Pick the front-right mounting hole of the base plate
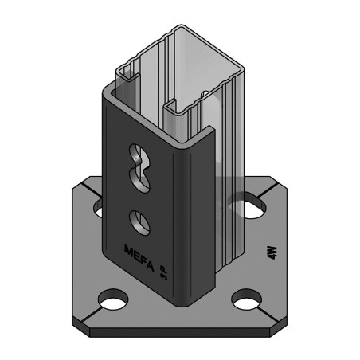point(247,302)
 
